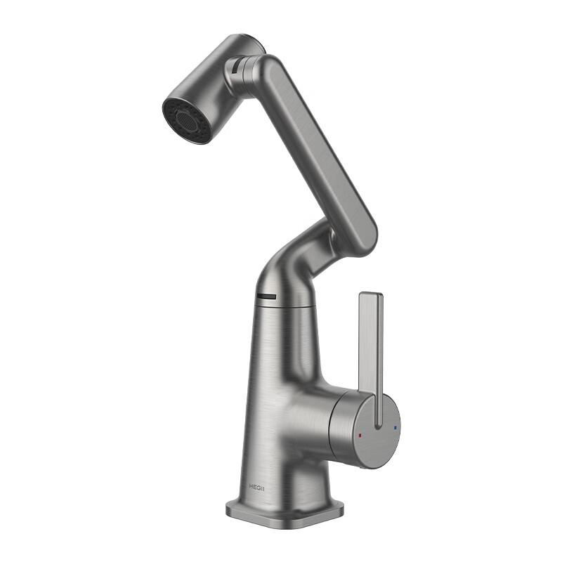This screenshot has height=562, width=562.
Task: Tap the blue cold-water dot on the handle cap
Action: tap(396, 426)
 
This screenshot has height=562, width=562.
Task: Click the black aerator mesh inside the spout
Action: tap(187, 119)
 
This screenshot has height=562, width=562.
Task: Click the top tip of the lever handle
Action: tap(370, 296)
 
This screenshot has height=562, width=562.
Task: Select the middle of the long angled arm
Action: tap(316, 151)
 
